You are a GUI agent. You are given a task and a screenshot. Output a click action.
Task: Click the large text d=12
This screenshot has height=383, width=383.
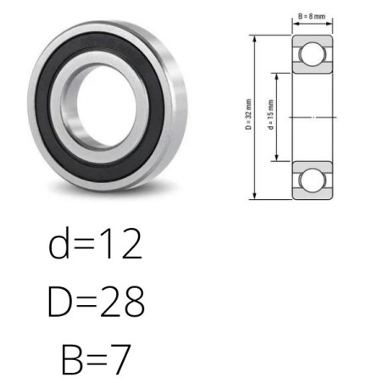95,243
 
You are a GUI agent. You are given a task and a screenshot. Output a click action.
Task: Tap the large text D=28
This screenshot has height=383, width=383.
96,301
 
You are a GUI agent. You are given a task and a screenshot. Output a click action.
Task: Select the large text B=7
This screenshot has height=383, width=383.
96,358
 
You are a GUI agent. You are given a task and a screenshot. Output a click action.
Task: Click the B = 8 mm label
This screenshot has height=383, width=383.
312,16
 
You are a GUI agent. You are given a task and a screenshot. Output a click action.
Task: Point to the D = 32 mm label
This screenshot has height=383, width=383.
248,114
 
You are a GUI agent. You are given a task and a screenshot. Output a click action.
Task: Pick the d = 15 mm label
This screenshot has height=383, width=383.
270,114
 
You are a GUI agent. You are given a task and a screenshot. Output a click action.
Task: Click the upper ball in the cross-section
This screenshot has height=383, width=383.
313,54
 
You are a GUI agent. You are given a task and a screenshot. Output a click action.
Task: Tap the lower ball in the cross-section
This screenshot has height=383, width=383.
313,180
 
